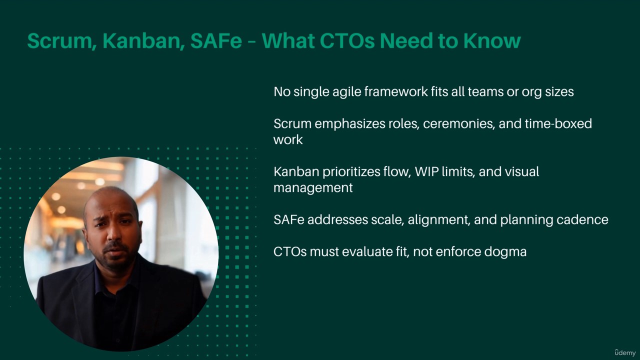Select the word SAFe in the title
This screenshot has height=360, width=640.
point(216,40)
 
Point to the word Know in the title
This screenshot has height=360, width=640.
point(491,40)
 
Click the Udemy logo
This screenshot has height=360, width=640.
point(625,352)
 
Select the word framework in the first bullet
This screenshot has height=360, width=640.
point(395,91)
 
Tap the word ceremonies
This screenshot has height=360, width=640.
point(459,123)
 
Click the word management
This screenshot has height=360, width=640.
point(313,188)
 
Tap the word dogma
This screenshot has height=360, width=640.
point(505,252)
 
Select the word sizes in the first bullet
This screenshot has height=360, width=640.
point(559,91)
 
